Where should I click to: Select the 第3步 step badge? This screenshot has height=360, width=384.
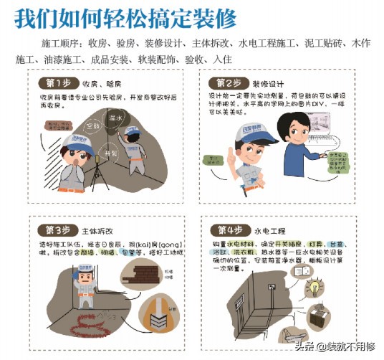[x=58, y=230]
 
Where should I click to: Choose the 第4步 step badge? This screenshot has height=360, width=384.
[x=228, y=230]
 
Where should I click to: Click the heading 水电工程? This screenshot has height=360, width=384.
[x=269, y=231]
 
